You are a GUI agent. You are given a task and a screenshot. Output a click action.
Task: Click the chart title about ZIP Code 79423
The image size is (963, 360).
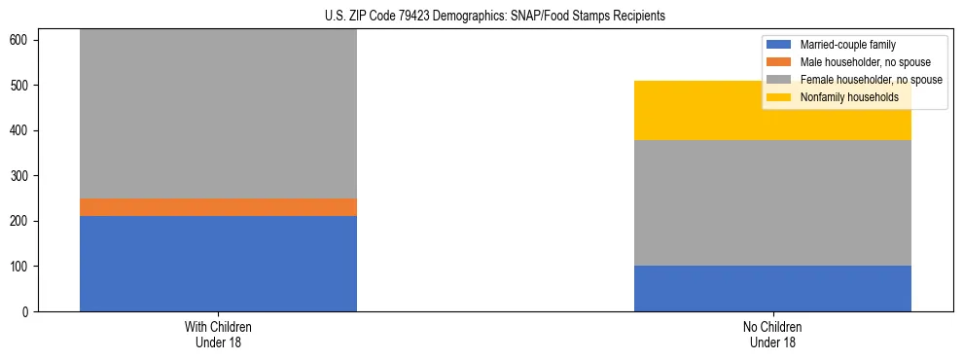click(495, 17)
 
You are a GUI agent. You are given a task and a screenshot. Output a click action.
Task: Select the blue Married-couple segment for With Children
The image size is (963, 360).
click(218, 264)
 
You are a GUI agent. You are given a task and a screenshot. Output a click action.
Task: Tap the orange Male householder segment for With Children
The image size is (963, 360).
click(218, 207)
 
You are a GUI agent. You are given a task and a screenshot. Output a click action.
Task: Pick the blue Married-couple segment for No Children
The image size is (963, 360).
click(772, 288)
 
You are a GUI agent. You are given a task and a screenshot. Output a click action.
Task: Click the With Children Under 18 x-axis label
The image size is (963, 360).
click(218, 334)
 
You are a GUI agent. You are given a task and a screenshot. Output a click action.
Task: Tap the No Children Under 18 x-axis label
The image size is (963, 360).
click(772, 334)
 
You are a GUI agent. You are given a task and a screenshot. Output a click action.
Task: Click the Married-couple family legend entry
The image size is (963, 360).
click(847, 45)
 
